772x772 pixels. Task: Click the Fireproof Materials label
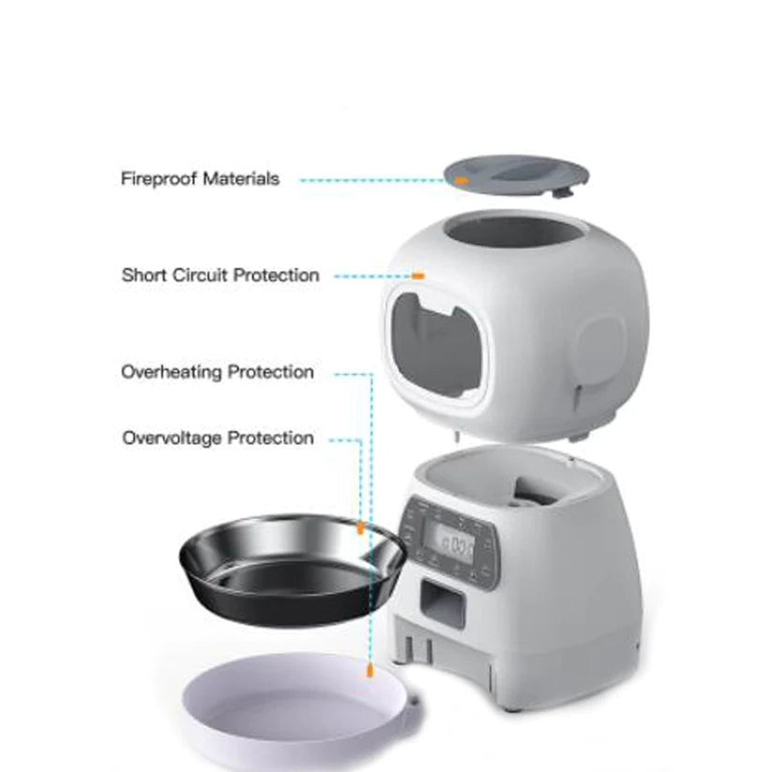click(x=200, y=178)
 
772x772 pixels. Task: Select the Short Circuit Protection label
click(x=220, y=276)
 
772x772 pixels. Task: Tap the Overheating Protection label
click(x=218, y=372)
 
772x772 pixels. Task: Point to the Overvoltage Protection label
click(x=218, y=438)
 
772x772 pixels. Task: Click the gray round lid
click(x=516, y=176)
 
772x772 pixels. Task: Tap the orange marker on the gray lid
click(x=461, y=177)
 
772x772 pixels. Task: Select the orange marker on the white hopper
click(x=418, y=276)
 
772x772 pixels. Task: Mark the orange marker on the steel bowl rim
click(x=359, y=529)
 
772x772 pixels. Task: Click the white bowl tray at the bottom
click(x=300, y=713)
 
